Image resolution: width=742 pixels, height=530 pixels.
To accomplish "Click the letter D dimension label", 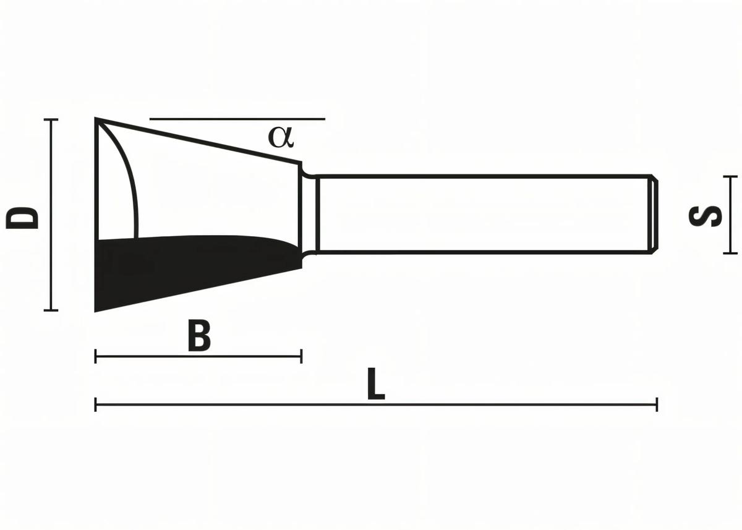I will [22, 218].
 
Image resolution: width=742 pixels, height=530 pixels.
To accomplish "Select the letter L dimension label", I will [375, 385].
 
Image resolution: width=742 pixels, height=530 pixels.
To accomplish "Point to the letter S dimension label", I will [706, 215].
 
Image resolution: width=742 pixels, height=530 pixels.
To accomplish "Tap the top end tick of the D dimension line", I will [51, 119].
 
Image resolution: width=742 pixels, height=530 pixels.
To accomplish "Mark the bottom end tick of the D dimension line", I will [51, 310].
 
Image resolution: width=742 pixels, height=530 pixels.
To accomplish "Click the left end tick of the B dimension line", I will [96, 356].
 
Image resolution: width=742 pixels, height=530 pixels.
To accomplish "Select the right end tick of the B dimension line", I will [301, 356].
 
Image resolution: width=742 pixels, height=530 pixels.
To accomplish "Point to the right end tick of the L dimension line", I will [657, 405].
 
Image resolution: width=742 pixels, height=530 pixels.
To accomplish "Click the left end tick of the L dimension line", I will [96, 405].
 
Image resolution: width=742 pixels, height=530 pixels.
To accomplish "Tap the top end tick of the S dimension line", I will [731, 177].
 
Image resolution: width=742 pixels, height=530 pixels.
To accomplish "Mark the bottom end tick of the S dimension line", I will [731, 253].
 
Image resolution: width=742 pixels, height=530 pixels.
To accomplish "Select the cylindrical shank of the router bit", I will [482, 215].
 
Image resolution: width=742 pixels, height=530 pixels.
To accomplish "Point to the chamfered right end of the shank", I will [654, 215].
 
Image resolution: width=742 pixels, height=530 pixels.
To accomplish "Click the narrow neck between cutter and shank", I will [309, 215].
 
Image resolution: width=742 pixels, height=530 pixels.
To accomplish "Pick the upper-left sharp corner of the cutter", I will [96, 119].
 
